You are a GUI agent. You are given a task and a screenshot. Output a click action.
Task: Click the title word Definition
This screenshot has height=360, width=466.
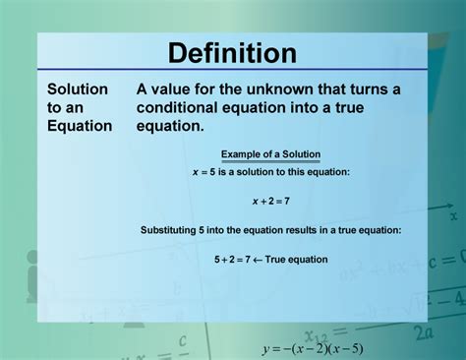pos(232,53)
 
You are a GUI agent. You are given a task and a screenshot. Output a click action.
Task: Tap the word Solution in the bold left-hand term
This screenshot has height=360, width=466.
pos(78,90)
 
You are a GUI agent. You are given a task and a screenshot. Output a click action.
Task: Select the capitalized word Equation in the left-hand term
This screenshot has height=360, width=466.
pos(81,125)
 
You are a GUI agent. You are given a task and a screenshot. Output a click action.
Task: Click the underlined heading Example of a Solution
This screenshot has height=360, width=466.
pos(270,154)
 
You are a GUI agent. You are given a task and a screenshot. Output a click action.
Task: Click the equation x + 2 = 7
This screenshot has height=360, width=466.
pos(270,201)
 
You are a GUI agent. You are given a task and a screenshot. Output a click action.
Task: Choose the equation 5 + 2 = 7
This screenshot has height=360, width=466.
pos(233,260)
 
